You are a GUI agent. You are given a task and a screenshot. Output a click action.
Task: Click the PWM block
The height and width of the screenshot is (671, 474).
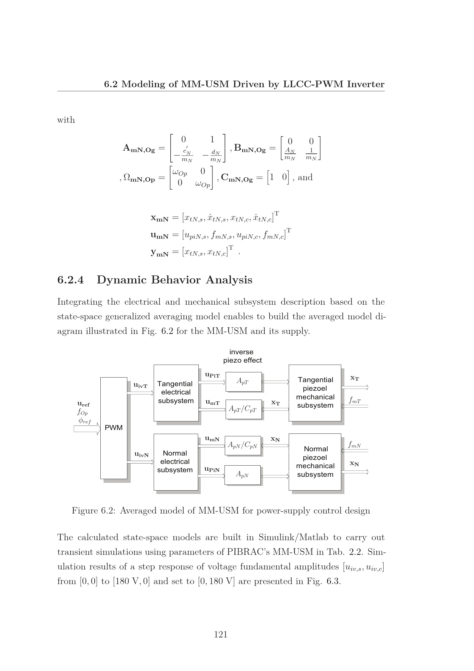pyautogui.click(x=114, y=428)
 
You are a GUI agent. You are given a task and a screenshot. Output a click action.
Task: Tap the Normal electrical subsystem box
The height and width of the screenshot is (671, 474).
pyautogui.click(x=175, y=462)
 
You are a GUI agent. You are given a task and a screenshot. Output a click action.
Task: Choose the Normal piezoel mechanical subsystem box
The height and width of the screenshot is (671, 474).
pyautogui.click(x=315, y=462)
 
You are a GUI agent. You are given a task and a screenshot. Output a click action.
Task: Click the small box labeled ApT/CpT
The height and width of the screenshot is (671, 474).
pyautogui.click(x=243, y=409)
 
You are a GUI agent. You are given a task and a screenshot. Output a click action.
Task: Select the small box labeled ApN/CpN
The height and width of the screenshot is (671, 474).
pyautogui.click(x=242, y=446)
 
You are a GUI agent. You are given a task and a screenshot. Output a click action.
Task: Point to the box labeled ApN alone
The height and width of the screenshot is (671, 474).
pyautogui.click(x=242, y=474)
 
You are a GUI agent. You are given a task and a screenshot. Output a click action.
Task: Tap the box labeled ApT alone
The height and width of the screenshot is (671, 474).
pyautogui.click(x=243, y=381)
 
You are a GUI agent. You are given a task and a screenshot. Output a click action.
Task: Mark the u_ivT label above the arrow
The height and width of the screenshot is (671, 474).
pyautogui.click(x=140, y=386)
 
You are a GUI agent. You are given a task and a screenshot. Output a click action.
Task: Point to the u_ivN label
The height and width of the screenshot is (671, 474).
pyautogui.click(x=141, y=454)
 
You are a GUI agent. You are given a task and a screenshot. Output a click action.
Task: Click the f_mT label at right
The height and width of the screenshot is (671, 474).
pyautogui.click(x=355, y=400)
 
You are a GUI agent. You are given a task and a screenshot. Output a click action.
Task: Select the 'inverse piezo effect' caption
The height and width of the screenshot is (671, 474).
pyautogui.click(x=242, y=356)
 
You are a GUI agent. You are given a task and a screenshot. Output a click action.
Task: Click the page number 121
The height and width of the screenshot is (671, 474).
pyautogui.click(x=221, y=634)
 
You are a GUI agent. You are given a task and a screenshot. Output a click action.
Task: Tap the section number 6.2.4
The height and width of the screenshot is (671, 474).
pyautogui.click(x=70, y=280)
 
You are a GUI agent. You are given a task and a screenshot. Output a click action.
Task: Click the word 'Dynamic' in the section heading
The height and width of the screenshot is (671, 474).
pyautogui.click(x=122, y=280)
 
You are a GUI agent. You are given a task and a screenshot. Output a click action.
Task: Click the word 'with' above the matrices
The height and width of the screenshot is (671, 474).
pyautogui.click(x=66, y=120)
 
